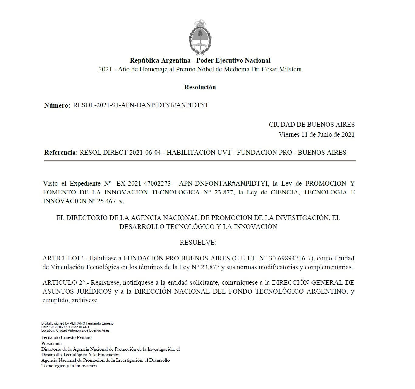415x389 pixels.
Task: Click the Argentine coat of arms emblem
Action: coord(200,38)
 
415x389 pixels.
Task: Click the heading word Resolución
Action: coord(200,87)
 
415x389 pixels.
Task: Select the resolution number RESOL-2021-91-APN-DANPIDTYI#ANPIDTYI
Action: coord(140,105)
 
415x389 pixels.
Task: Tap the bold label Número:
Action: coord(57,105)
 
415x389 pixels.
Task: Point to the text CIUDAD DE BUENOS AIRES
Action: coord(311,125)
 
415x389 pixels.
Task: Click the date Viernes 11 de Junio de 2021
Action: coord(317,135)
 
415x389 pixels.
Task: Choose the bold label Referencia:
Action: coord(61,153)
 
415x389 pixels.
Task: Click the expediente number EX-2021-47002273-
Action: coord(145,184)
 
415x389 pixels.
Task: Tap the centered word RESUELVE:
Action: coord(198,243)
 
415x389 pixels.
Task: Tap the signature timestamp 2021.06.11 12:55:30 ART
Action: coord(70,327)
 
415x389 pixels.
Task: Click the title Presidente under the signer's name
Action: coord(51,343)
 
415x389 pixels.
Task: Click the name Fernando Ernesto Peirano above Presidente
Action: coord(66,337)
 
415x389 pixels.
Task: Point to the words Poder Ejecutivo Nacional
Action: coord(233,60)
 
